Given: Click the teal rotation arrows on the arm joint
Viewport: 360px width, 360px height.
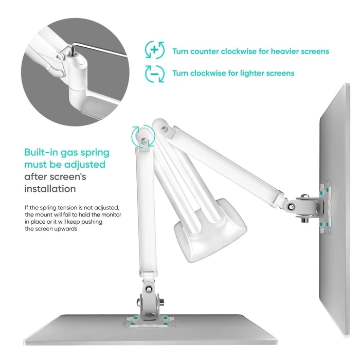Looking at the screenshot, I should pyautogui.click(x=142, y=136).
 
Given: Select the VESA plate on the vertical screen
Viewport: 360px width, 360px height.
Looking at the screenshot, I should pyautogui.click(x=324, y=206).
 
